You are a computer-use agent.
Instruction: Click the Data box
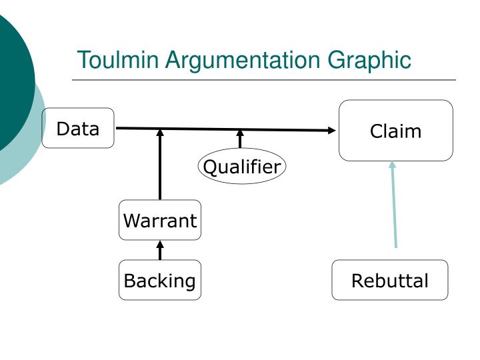coord(78,128)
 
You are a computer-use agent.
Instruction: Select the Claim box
coord(396,131)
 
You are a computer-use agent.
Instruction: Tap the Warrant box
coord(160,220)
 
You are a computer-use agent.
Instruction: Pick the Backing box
coord(160,280)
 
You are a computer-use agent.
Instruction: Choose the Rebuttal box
coord(390,280)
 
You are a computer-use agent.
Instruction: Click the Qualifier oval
coord(242,166)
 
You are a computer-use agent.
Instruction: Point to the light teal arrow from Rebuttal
coord(394,205)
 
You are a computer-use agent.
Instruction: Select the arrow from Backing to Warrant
coord(160,250)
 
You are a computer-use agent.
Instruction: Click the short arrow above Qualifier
coord(240,139)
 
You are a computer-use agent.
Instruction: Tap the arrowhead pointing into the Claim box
coord(332,131)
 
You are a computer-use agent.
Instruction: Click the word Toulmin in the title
coord(118,60)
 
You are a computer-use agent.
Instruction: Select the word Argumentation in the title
coord(243,61)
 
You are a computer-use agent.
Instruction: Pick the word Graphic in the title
coord(369,61)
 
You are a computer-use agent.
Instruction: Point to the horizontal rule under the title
coord(264,80)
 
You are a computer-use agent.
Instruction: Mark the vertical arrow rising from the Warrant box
coord(160,165)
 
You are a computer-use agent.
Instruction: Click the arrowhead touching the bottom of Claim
coord(393,165)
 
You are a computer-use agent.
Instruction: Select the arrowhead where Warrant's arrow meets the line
coord(160,133)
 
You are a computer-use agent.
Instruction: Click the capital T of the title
coord(83,60)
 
